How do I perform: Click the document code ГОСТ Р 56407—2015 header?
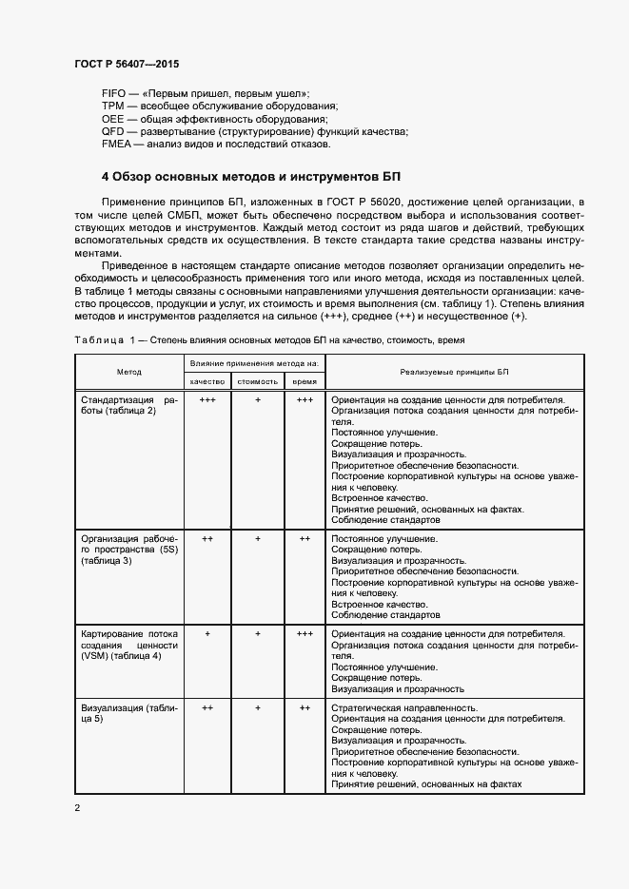coord(127,65)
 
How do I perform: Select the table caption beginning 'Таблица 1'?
coord(268,339)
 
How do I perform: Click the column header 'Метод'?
coord(129,372)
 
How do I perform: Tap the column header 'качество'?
coord(207,380)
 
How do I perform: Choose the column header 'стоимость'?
coord(257,380)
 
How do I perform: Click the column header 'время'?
coord(305,380)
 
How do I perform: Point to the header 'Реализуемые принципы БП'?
coord(455,372)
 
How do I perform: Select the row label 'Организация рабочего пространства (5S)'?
coord(129,550)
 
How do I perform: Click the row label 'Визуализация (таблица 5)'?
coord(129,714)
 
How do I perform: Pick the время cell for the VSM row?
coord(305,633)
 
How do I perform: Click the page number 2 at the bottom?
coord(78,808)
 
